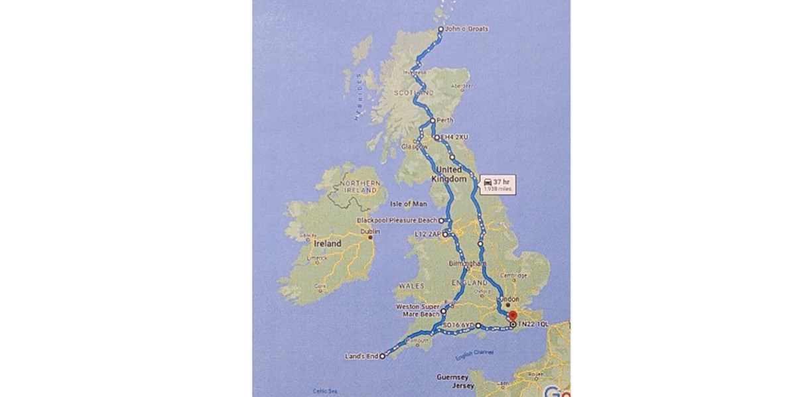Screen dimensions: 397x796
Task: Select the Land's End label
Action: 362,357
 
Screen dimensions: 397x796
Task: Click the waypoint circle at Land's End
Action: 382,357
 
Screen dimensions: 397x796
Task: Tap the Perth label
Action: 445,121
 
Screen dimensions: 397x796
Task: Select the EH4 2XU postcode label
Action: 455,137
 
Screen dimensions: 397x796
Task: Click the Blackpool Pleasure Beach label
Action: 397,220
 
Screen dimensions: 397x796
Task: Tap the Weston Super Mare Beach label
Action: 417,310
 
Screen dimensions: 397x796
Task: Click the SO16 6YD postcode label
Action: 459,325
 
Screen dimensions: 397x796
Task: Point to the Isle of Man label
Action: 409,204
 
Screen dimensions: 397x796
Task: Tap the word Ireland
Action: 328,244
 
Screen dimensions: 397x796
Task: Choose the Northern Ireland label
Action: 358,187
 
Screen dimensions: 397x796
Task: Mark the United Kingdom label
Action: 446,174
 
